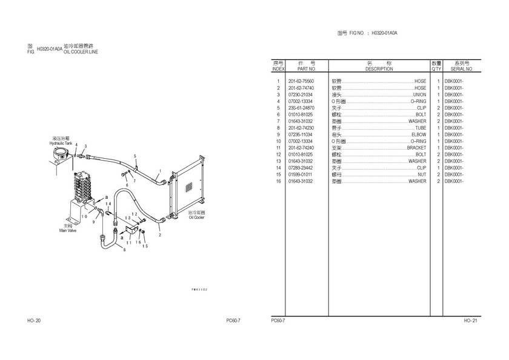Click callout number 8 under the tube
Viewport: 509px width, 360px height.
pyautogui.click(x=125, y=250)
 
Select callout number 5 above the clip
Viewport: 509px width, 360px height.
pyautogui.click(x=135, y=156)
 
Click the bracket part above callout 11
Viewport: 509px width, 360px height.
pyautogui.click(x=128, y=231)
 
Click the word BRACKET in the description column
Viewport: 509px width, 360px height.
pyautogui.click(x=416, y=148)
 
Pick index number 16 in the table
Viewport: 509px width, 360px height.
pyautogui.click(x=278, y=181)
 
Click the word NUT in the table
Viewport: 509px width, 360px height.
pyautogui.click(x=422, y=175)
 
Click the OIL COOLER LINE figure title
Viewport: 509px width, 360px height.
pyautogui.click(x=81, y=52)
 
